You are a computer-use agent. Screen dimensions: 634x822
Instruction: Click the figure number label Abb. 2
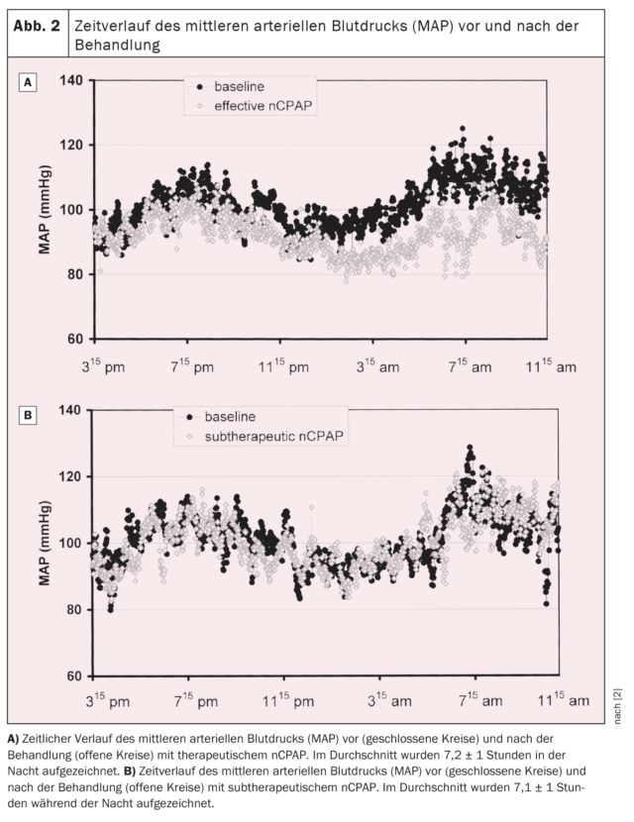click(x=37, y=26)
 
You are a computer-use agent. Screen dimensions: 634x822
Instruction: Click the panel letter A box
click(x=28, y=82)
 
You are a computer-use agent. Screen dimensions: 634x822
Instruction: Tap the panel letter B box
click(x=28, y=415)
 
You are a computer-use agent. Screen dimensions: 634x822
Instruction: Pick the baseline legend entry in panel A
click(x=230, y=86)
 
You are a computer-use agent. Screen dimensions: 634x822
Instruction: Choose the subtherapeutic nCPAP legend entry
click(x=264, y=436)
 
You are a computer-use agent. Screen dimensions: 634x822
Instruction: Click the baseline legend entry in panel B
click(x=221, y=417)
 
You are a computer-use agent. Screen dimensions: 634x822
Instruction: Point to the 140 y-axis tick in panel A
click(x=70, y=80)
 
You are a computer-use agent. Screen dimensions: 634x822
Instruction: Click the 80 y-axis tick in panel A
click(x=75, y=274)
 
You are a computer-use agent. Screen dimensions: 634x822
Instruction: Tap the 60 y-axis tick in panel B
click(x=75, y=676)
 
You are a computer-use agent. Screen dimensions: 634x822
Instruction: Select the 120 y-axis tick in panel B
click(x=70, y=476)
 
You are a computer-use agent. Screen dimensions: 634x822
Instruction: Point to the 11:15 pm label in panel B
click(x=288, y=700)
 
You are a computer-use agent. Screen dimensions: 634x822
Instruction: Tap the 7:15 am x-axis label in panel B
click(x=480, y=700)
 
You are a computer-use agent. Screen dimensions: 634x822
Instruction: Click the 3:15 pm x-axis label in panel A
click(x=103, y=365)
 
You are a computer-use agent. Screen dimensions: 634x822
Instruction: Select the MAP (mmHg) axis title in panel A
click(x=45, y=210)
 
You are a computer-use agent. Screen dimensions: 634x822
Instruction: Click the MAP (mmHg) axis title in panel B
click(x=45, y=543)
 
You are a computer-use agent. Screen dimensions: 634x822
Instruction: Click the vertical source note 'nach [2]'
click(x=617, y=706)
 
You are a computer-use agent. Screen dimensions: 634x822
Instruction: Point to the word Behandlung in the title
click(x=117, y=45)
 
